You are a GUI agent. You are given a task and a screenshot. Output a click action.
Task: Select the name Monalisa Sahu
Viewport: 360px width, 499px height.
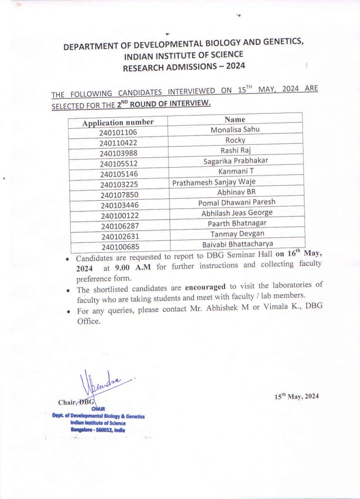coord(235,130)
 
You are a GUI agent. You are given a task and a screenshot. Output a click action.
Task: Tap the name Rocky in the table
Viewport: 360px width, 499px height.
coord(235,140)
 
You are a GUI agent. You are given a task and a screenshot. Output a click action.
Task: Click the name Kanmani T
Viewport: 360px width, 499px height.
coord(236,172)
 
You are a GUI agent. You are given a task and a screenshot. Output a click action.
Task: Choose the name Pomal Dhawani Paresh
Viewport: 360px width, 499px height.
coord(236,202)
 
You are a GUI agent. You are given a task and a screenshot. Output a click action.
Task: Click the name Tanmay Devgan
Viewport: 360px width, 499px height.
coord(237,234)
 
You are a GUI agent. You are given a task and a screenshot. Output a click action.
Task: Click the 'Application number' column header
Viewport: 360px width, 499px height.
coord(118,122)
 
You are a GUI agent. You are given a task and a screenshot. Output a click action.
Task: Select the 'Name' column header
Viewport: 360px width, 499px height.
coord(235,119)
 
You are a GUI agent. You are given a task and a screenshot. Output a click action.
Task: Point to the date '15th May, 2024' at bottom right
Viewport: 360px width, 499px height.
coord(297,397)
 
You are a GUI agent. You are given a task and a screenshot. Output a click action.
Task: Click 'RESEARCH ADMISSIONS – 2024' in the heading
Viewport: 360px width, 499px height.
coord(184,66)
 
